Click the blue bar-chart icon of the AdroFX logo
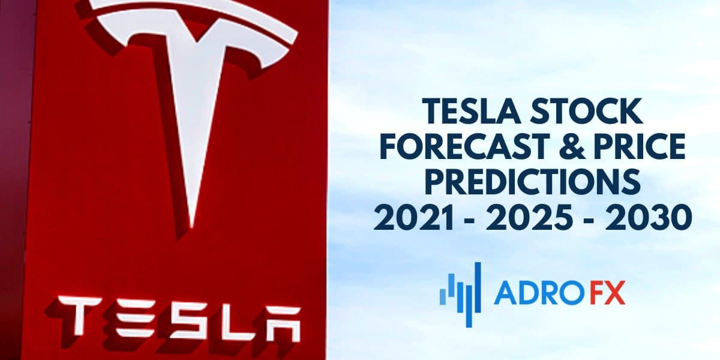[460, 292]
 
